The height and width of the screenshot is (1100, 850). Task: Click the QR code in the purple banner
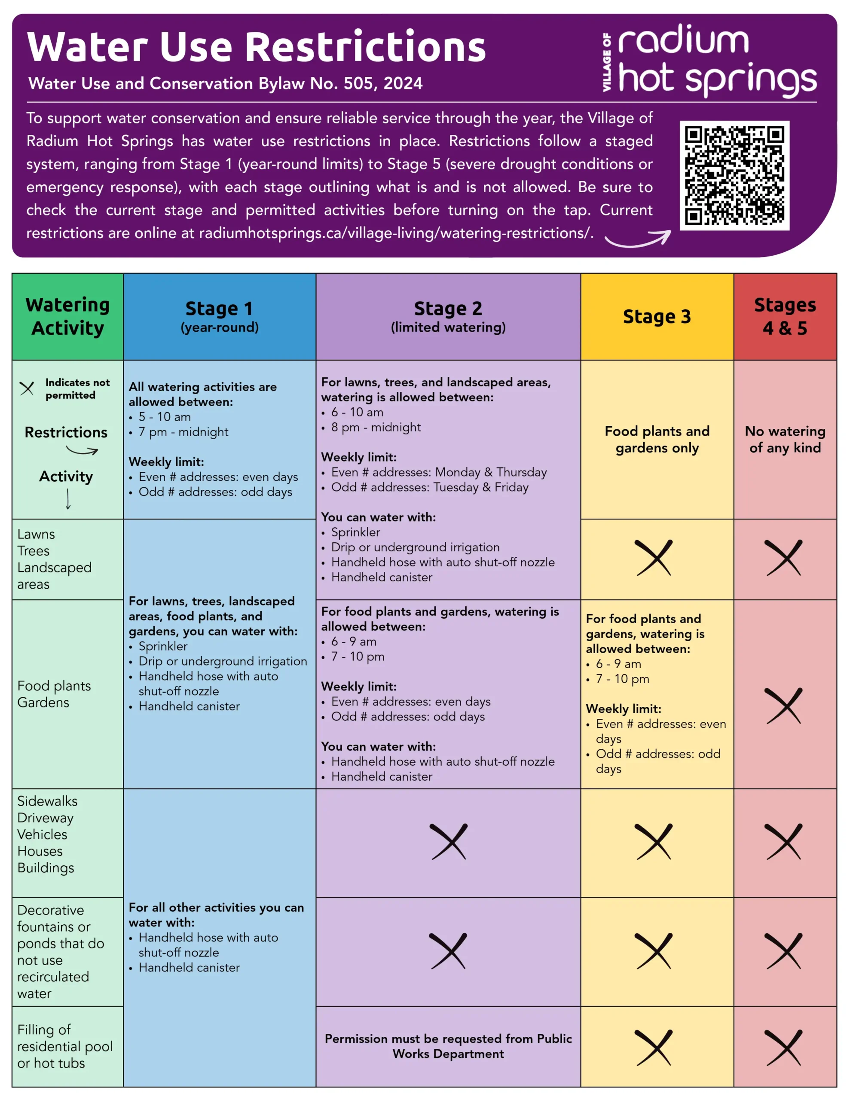point(734,175)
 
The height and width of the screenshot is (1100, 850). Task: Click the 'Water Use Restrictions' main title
point(256,47)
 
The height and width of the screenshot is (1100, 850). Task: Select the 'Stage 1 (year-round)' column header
point(220,316)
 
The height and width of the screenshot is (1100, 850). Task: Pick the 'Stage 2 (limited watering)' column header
point(448,316)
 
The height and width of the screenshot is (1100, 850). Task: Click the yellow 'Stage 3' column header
point(657,316)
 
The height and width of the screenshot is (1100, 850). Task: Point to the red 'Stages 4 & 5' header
point(785,316)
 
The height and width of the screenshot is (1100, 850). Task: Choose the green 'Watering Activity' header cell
point(67,316)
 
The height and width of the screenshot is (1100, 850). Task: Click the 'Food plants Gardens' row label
point(54,694)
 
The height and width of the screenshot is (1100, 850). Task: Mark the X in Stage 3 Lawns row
point(654,558)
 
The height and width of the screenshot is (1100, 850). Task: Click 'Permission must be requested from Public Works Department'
point(448,1046)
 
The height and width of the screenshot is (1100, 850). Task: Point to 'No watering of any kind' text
point(785,439)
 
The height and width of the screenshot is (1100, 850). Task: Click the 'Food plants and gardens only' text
point(657,439)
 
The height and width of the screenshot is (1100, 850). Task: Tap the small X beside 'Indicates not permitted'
point(27,388)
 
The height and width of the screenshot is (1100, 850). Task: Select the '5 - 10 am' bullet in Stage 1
point(165,417)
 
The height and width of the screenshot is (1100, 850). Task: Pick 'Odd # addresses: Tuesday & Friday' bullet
point(429,488)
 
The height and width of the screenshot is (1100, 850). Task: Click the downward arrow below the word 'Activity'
point(68,499)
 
